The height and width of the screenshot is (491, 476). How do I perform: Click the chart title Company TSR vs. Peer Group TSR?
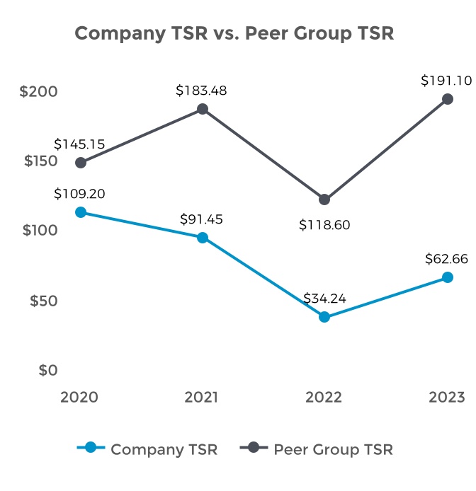[x=234, y=33]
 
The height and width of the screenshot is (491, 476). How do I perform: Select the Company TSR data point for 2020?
[x=81, y=212]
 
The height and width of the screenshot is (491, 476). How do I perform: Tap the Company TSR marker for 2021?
[x=203, y=238]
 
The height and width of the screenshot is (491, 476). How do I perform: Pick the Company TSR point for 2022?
[x=324, y=317]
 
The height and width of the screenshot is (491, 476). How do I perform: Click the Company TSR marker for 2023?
[x=447, y=277]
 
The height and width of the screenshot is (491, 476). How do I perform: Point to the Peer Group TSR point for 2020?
[x=81, y=163]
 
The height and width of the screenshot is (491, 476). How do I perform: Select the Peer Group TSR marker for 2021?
[x=203, y=109]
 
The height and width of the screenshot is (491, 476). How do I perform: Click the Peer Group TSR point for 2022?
[x=324, y=200]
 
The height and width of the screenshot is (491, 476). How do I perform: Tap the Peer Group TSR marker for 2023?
[x=447, y=99]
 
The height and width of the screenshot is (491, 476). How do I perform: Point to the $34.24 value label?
[x=324, y=299]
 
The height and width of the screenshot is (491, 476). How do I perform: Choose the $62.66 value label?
[x=446, y=259]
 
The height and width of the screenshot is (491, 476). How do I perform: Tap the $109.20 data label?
[x=80, y=193]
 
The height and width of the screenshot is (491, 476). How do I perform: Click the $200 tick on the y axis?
[x=39, y=92]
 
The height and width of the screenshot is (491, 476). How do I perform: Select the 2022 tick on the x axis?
[x=324, y=397]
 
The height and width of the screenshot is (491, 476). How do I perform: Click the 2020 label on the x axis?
[x=79, y=397]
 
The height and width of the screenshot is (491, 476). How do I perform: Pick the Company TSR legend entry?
[x=147, y=449]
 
